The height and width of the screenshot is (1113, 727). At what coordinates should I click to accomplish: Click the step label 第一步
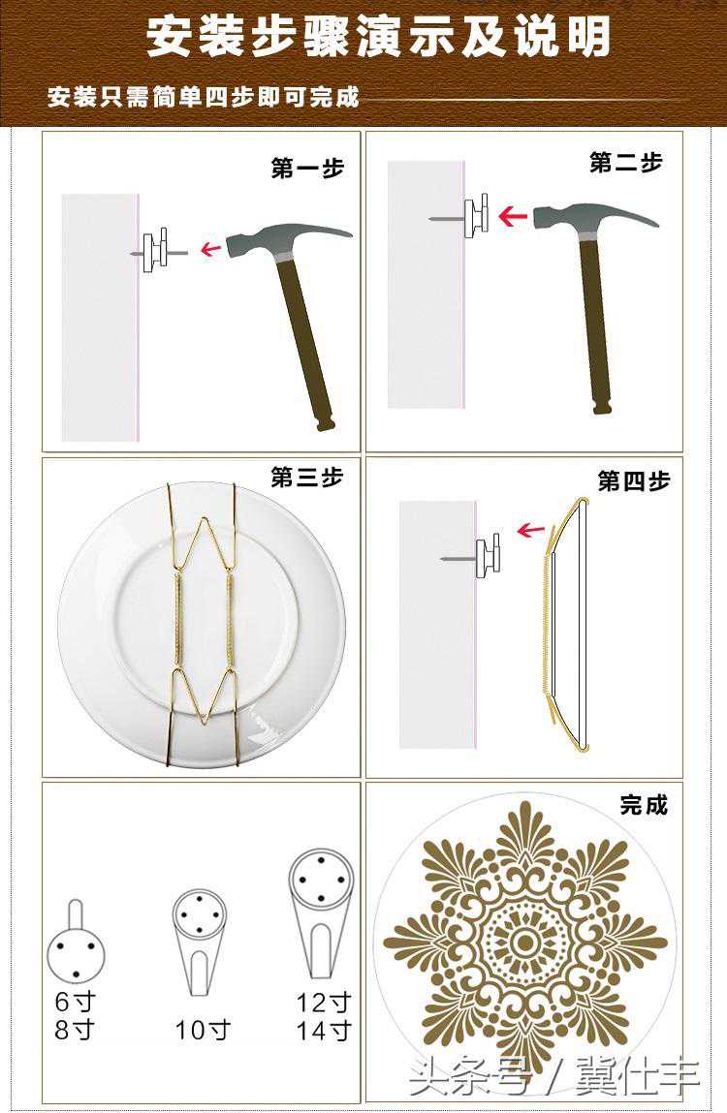coord(307,169)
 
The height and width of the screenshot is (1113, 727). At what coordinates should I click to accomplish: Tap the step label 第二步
coord(625,164)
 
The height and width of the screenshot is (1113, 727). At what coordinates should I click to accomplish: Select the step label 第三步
coord(307,477)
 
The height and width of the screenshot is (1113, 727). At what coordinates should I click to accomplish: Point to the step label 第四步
coord(634,481)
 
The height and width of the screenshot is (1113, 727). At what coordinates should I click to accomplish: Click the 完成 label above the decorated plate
coord(644,805)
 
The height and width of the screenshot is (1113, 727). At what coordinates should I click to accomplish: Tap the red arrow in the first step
coord(210,249)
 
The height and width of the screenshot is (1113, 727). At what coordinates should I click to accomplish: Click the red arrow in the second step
coord(513,216)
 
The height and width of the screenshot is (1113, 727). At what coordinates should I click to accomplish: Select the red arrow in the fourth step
coord(530,530)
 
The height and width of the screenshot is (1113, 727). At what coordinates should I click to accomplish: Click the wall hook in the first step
coord(158,251)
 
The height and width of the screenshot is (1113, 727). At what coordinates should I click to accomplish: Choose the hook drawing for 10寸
coord(200,941)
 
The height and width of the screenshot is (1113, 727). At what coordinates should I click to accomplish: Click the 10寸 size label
coord(204,1030)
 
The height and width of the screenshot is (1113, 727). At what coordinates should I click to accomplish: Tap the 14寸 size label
coord(324,1030)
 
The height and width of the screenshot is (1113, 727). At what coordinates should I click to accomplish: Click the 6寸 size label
coord(76,1002)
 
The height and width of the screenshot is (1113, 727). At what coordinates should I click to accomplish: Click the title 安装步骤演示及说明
coord(378,37)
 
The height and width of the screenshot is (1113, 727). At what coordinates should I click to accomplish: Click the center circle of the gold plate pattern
coord(525,943)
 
